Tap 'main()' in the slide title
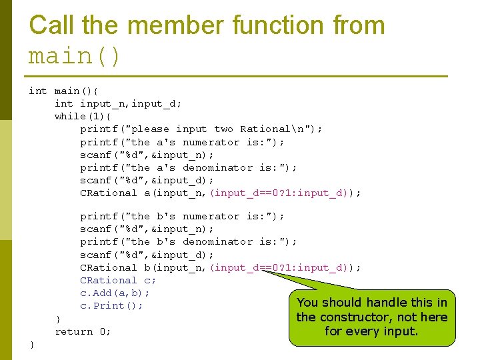point(75,56)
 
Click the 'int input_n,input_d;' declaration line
point(118,103)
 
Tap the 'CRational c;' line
point(118,280)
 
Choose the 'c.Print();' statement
point(111,305)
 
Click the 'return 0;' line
point(83,331)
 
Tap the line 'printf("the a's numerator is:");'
point(182,142)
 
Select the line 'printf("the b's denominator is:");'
point(189,241)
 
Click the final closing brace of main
point(31,344)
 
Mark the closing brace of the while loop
point(58,318)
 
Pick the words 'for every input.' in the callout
point(371,331)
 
